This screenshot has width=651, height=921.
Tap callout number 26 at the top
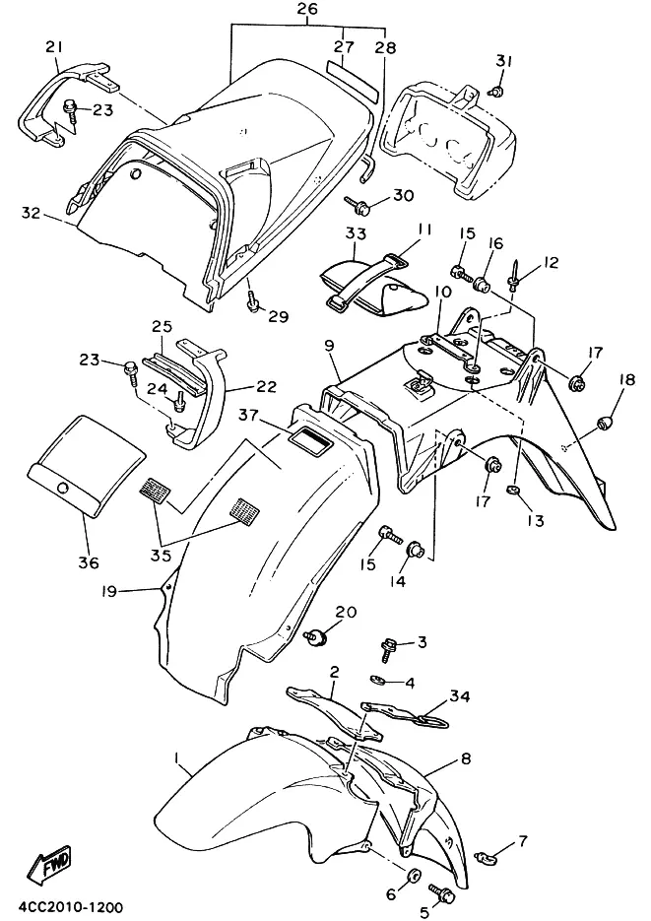point(307,9)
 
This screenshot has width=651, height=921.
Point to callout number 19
point(109,591)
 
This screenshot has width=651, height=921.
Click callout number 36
point(89,562)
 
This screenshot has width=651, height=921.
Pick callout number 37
point(248,416)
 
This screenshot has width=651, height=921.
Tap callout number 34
point(460,696)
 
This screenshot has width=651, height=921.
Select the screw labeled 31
point(497,91)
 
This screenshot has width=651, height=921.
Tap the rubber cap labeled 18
point(606,423)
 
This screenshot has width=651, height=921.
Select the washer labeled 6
point(414,876)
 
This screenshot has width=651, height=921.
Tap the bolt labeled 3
point(389,650)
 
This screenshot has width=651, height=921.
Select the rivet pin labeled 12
point(515,277)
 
